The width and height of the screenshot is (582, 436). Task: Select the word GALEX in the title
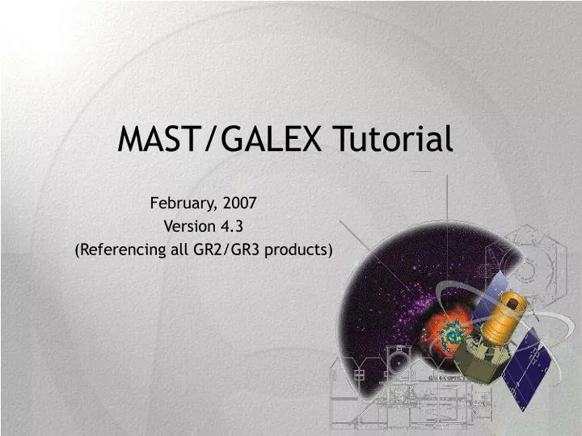pyautogui.click(x=260, y=140)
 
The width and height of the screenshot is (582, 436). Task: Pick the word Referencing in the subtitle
pyautogui.click(x=117, y=249)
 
